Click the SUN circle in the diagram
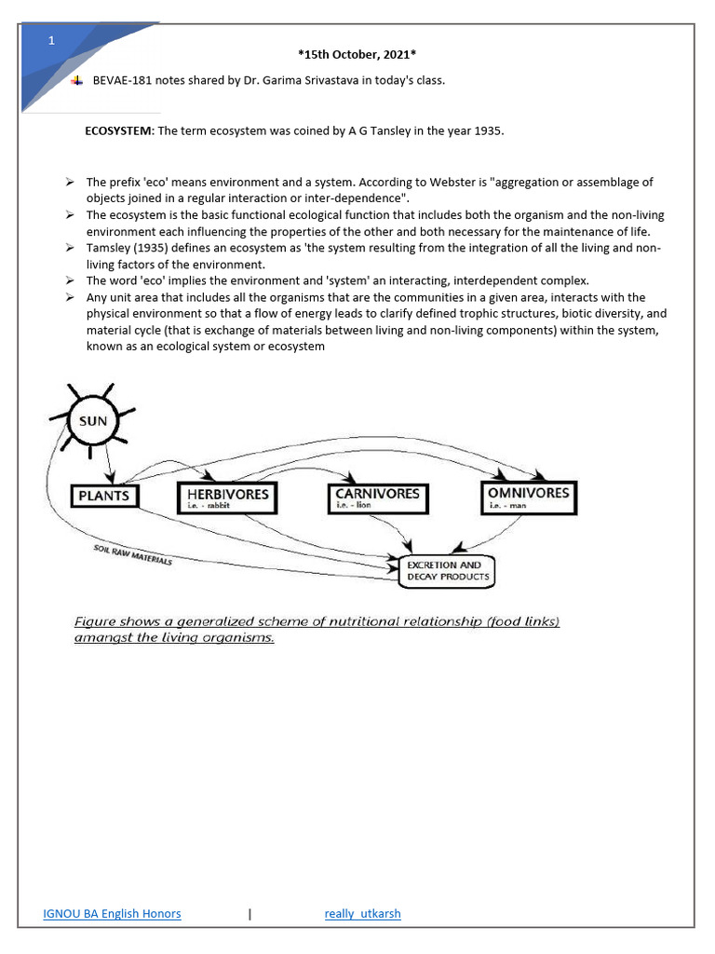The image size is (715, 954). [93, 421]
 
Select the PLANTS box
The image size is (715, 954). [103, 496]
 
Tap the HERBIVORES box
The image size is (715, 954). [227, 497]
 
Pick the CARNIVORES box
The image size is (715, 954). [378, 497]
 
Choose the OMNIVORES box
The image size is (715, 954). [528, 497]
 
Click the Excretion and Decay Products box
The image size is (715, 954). [447, 571]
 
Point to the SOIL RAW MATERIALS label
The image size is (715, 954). [132, 554]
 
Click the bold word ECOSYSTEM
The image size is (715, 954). [118, 131]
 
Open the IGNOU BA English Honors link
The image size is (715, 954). [112, 913]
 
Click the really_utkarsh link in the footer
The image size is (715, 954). [362, 913]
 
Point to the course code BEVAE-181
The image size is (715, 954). [122, 80]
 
